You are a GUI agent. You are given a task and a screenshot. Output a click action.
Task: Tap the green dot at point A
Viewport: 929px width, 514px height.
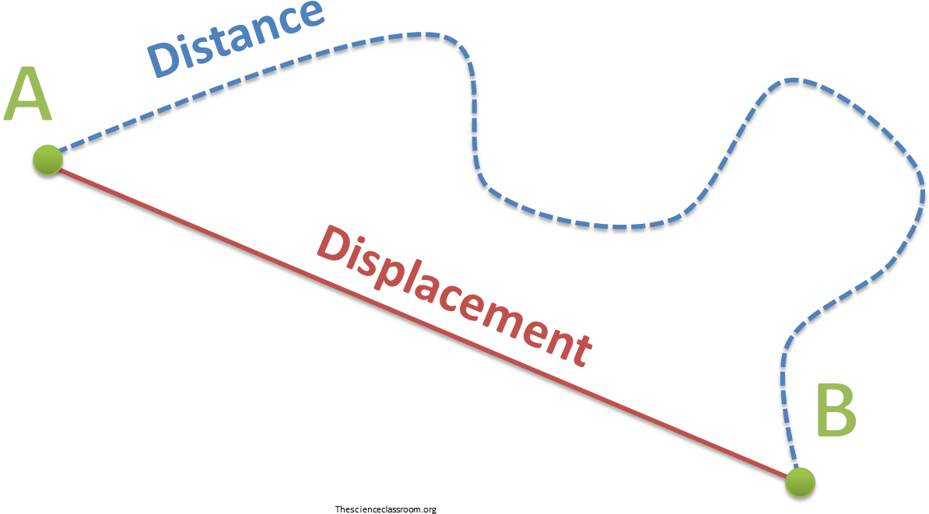click(47, 159)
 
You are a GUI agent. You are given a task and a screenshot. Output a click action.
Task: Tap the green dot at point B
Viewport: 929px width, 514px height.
click(799, 481)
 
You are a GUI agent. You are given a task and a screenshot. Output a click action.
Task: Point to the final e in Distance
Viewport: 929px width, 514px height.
click(310, 14)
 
